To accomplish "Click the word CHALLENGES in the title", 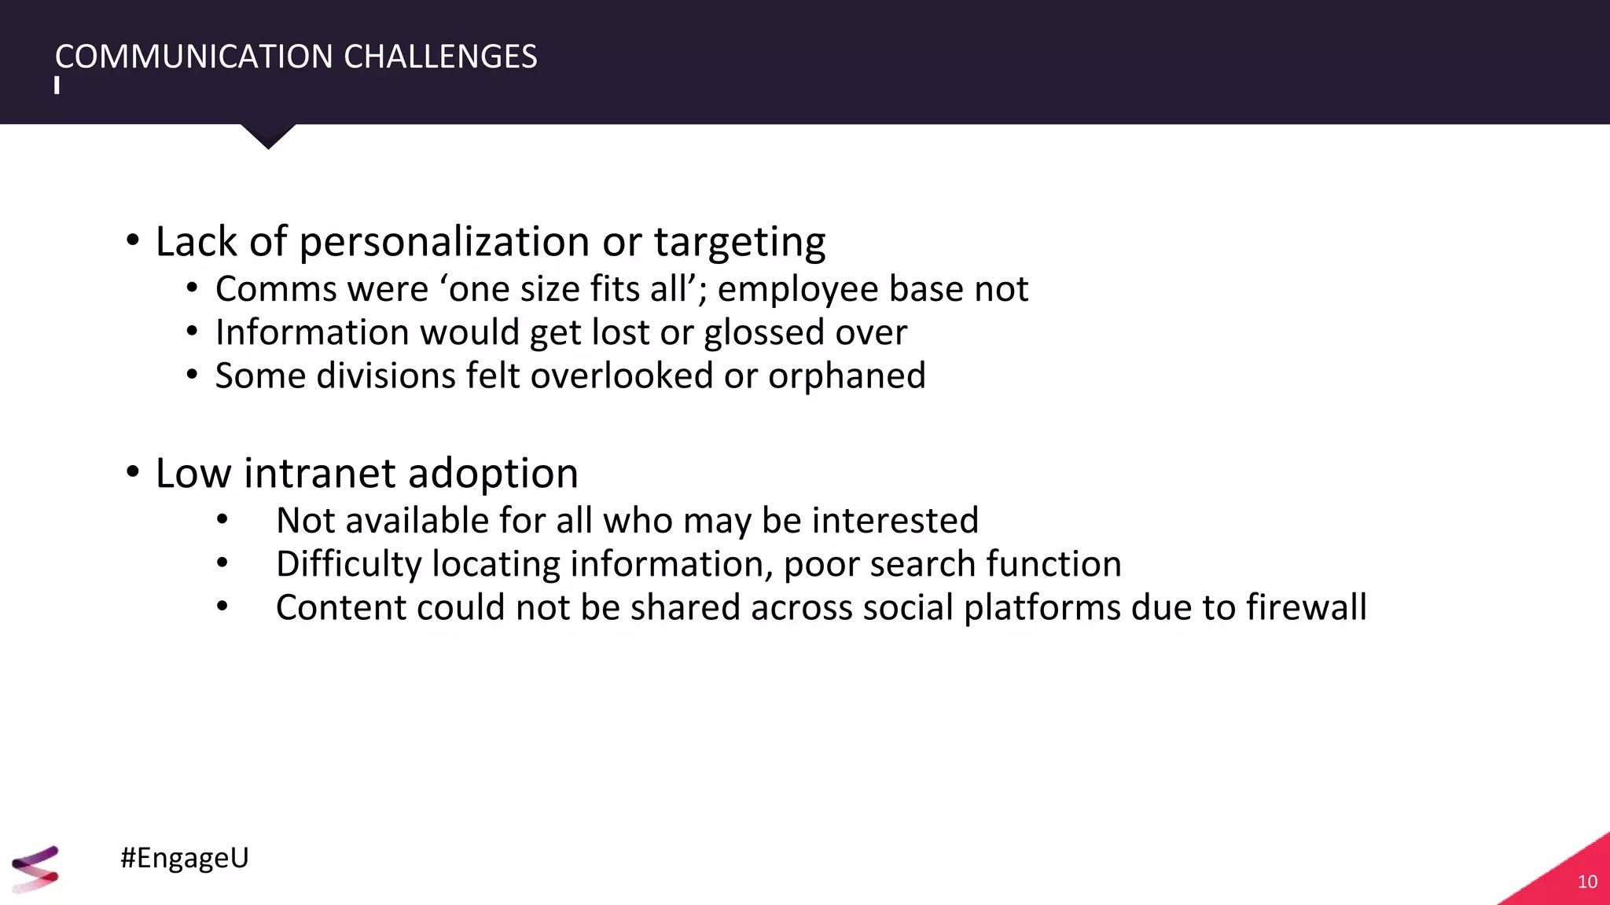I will (440, 57).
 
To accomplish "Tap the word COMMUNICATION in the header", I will (194, 57).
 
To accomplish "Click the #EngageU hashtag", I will (185, 857).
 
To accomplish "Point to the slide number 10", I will (1587, 881).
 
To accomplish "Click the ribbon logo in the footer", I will (35, 869).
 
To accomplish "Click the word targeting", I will (740, 243).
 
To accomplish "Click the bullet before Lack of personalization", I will (132, 240).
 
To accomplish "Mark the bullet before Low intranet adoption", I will (132, 472).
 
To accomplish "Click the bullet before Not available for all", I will (222, 519).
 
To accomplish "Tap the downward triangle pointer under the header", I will (268, 136).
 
